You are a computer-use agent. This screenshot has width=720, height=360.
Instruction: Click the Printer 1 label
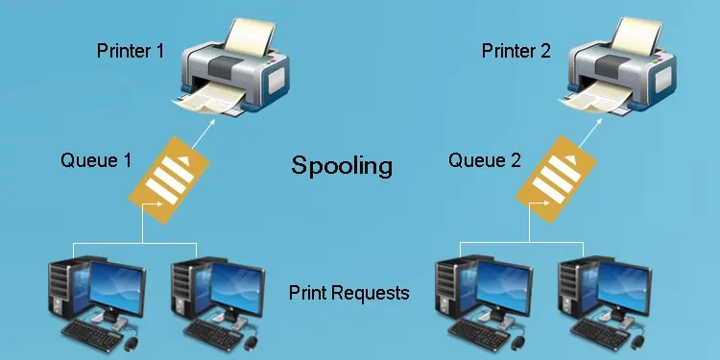point(137,50)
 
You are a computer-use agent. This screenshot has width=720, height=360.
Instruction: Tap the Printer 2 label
point(516,50)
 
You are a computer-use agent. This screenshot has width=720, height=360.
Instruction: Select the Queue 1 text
point(96,160)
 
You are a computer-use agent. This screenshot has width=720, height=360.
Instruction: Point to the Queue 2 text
point(484,160)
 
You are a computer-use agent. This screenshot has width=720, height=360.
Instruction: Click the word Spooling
point(342,166)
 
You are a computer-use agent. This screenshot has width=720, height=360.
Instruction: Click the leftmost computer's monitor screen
point(115,288)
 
